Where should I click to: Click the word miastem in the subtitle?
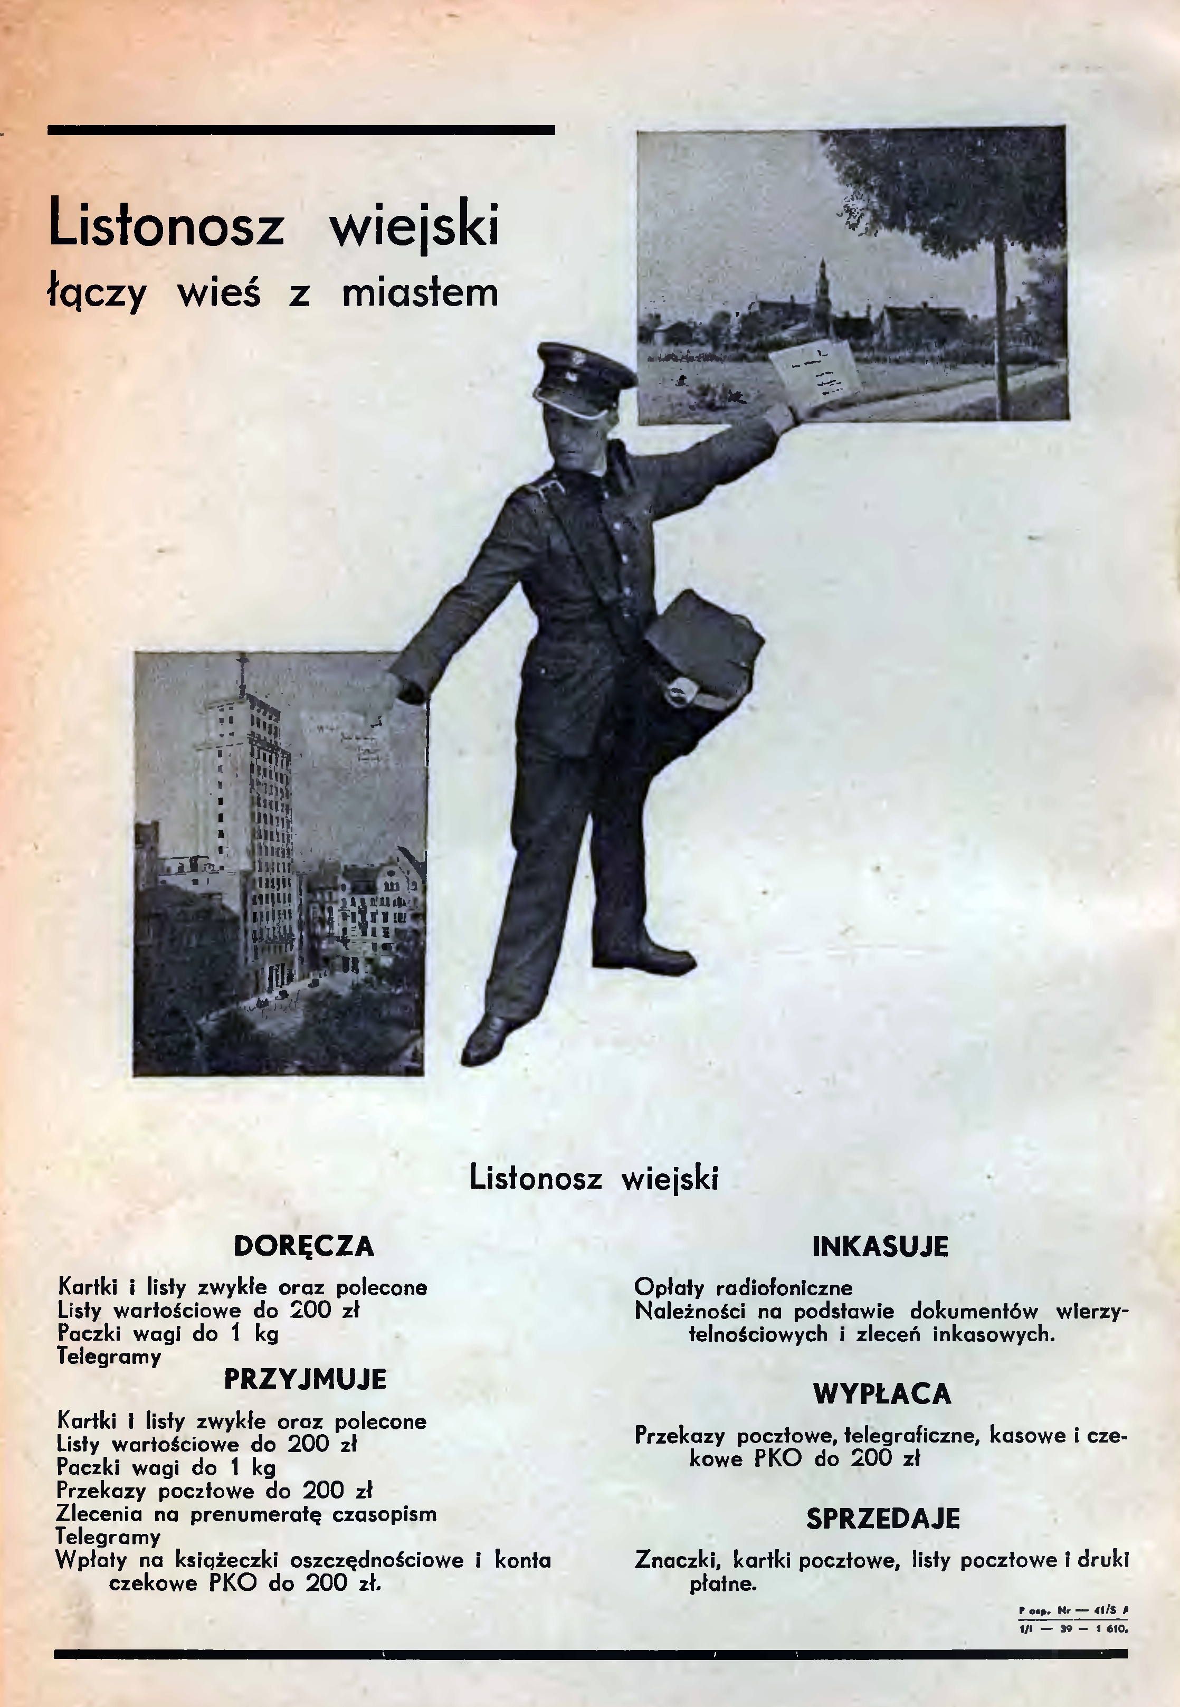click(x=420, y=293)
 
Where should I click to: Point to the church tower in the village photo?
click(x=823, y=288)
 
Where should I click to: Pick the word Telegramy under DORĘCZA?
click(x=109, y=1358)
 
